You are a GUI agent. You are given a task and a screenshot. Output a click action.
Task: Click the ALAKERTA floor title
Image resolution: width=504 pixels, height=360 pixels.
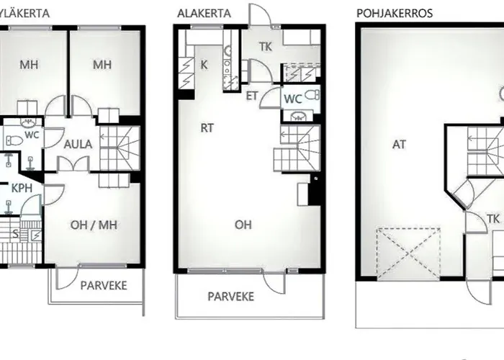pos(204,14)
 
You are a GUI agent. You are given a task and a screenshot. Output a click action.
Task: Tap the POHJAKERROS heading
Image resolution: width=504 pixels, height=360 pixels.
pos(395,13)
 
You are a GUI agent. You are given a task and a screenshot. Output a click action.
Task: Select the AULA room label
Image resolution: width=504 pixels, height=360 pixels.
pos(78,144)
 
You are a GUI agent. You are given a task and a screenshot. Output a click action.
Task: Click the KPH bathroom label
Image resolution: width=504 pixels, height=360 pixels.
pos(22,189)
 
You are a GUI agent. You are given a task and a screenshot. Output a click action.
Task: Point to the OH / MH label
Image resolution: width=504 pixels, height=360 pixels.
pos(94,225)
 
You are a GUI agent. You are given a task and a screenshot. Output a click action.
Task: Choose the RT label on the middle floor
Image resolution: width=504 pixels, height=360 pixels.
pos(207,128)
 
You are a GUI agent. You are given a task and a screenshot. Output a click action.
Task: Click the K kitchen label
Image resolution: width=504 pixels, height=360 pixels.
pos(204,65)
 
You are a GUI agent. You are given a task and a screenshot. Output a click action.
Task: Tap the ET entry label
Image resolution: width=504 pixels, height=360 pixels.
pos(252,96)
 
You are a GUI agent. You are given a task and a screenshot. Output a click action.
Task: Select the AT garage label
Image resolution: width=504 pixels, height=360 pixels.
pos(399,145)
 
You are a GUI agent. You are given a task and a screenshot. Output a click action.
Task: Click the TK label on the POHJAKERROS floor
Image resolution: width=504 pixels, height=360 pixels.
pos(493,219)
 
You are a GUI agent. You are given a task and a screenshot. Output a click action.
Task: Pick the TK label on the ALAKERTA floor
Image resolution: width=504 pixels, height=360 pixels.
pos(265,47)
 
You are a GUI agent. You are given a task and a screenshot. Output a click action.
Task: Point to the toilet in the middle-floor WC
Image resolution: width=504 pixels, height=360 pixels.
pos(312,95)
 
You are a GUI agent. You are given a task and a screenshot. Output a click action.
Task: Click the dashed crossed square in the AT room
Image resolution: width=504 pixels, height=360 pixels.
pos(408,253)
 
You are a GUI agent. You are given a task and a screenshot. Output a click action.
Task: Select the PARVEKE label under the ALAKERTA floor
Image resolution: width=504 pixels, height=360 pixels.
pos(231,297)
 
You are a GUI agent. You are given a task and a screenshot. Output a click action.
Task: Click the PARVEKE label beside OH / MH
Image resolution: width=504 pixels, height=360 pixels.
pos(104,285)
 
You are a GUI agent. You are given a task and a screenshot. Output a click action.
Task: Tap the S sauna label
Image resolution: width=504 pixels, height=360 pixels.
pos(15,234)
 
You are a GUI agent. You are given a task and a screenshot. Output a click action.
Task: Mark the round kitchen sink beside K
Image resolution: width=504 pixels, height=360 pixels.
pos(228,50)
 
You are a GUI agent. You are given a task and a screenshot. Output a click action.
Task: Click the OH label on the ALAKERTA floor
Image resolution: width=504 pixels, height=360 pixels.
pos(243,225)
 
